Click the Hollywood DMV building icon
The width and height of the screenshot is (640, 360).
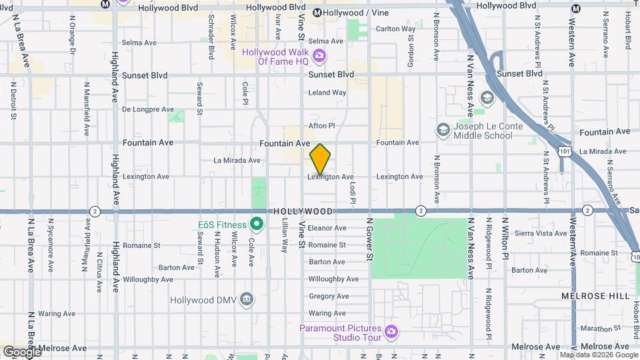(x=247, y=298)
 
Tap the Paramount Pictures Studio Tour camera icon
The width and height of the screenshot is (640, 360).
(x=391, y=331)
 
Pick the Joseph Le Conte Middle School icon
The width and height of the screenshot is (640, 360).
(x=442, y=129)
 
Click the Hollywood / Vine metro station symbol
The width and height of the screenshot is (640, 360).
(x=318, y=13)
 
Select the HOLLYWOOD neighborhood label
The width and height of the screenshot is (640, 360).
(x=303, y=211)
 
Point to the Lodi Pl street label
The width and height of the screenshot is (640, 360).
(x=353, y=191)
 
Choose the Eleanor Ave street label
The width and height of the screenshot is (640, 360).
(x=327, y=228)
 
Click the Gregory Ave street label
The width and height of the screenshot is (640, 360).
(x=329, y=296)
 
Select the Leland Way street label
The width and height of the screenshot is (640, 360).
(x=327, y=93)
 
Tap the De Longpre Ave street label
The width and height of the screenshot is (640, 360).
(x=148, y=109)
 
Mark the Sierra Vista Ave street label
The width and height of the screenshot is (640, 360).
(x=541, y=233)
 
